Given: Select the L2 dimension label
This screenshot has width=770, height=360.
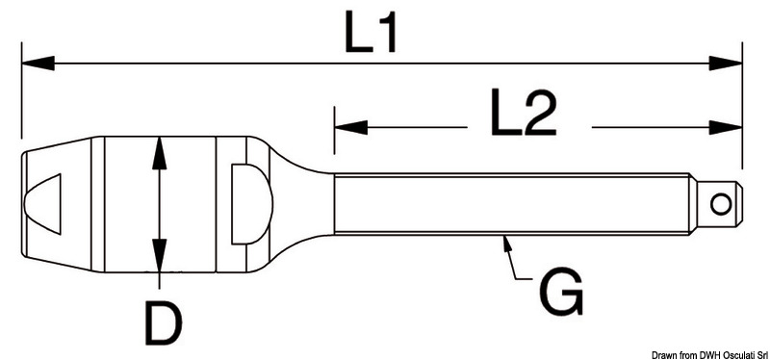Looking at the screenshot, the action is click(x=524, y=114).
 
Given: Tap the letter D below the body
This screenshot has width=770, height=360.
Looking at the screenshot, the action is click(x=164, y=322).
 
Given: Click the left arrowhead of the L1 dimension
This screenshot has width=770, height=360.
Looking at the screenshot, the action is click(x=38, y=64).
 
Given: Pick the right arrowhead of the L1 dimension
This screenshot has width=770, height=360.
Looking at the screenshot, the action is click(x=726, y=64).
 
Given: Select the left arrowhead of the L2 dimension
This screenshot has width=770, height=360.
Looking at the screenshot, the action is click(x=350, y=128).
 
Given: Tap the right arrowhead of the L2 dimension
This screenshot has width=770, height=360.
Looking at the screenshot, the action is click(x=726, y=128).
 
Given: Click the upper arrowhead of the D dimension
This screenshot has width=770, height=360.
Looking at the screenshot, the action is click(x=159, y=153).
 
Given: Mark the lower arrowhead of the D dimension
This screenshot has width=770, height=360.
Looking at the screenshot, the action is click(x=159, y=255).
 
